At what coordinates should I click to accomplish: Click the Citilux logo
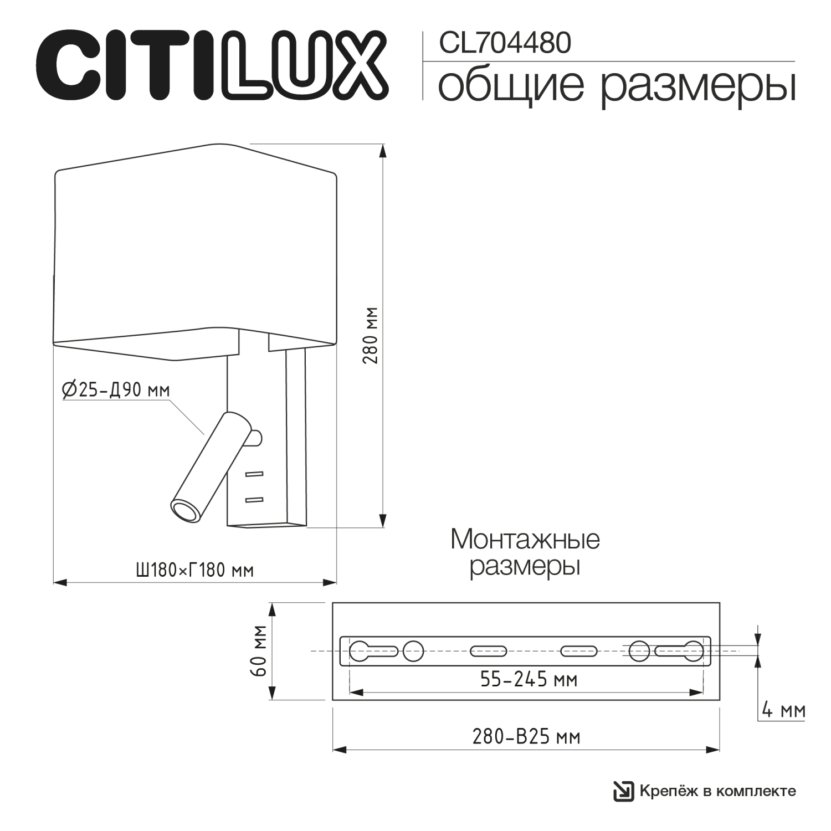point(212,66)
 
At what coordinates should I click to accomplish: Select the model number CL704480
point(505,43)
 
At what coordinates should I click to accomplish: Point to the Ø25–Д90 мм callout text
point(116,390)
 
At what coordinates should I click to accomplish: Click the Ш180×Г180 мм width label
point(194,570)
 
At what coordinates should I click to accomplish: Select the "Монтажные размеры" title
point(525,552)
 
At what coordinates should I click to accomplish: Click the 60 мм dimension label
point(259,651)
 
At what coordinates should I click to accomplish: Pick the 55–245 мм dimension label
point(529,679)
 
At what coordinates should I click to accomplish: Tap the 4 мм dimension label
point(783,710)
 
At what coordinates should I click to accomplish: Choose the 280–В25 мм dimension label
point(526,737)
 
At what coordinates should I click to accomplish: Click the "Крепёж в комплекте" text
point(717,791)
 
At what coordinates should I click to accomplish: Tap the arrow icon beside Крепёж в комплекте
point(623,791)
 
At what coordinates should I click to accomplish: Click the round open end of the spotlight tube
point(185,510)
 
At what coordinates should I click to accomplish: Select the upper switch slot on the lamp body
point(254,474)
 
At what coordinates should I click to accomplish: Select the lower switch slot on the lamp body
point(254,500)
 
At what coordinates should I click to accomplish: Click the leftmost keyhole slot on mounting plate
point(372,650)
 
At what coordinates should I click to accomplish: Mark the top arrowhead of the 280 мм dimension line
point(382,150)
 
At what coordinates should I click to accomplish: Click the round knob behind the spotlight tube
point(256,438)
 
